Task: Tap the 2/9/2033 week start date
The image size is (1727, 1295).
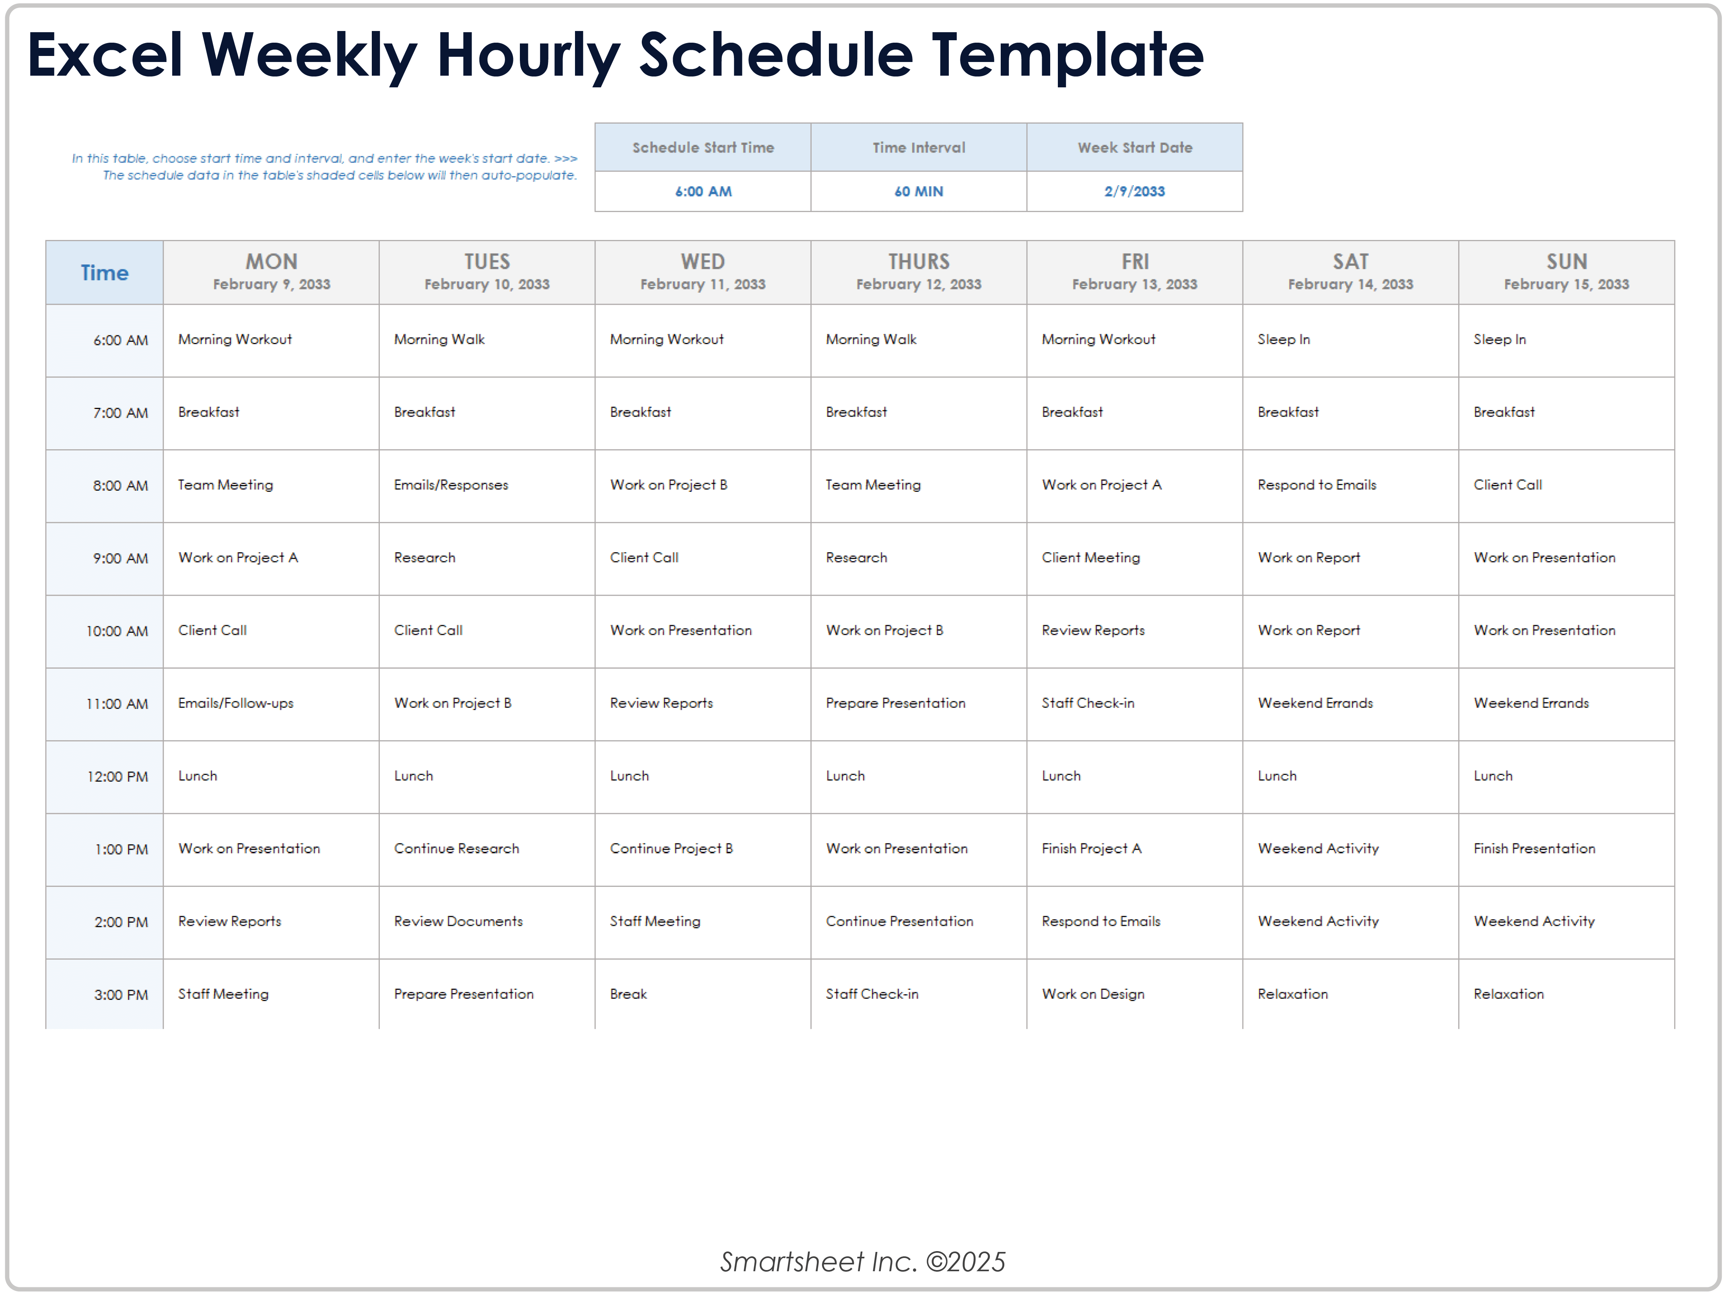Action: (1134, 191)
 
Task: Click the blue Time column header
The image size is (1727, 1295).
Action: (105, 273)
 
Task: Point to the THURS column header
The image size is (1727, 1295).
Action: (919, 262)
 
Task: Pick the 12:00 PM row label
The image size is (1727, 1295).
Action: (117, 777)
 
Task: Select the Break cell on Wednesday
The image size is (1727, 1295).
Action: (629, 994)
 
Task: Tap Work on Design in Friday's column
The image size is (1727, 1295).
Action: (1093, 994)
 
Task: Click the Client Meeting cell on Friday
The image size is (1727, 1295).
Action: (1091, 558)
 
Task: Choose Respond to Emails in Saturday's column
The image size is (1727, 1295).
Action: (1317, 485)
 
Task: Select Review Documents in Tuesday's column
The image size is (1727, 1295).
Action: (458, 922)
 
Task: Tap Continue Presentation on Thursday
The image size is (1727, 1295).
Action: (899, 922)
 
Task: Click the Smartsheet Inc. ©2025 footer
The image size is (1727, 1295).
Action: (863, 1262)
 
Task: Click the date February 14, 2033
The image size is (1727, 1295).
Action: (1351, 284)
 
